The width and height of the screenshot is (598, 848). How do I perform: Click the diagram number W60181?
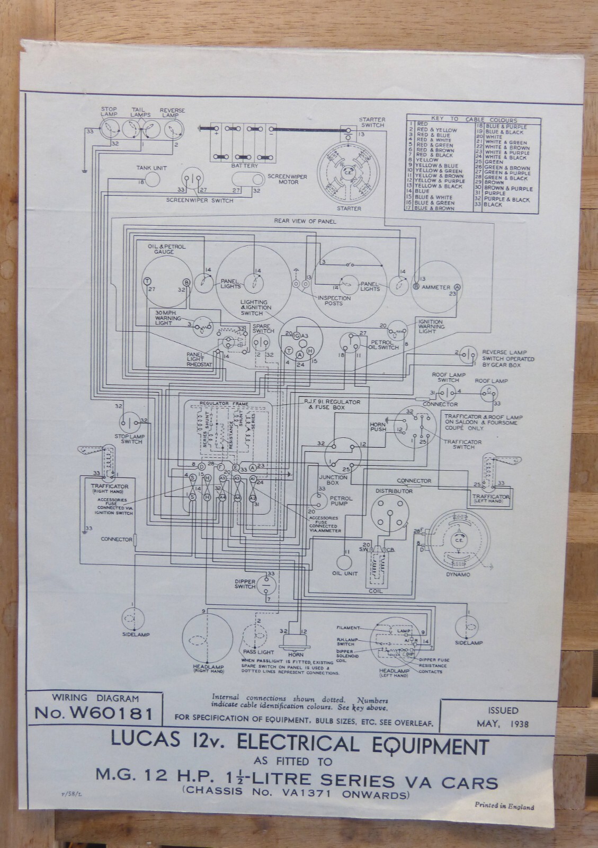pos(94,714)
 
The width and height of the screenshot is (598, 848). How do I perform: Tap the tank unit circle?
pos(153,180)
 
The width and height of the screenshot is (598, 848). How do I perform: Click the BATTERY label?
pos(244,165)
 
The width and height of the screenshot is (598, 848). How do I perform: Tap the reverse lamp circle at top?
pos(172,129)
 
